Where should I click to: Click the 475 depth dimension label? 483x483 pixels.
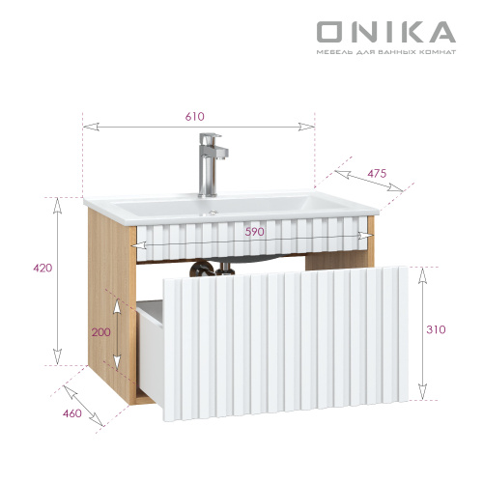(x=377, y=174)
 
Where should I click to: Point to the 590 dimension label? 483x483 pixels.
(x=254, y=232)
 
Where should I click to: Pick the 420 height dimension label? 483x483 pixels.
(x=42, y=268)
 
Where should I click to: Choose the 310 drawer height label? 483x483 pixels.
(x=436, y=329)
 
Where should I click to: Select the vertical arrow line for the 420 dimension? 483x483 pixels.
(x=57, y=280)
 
